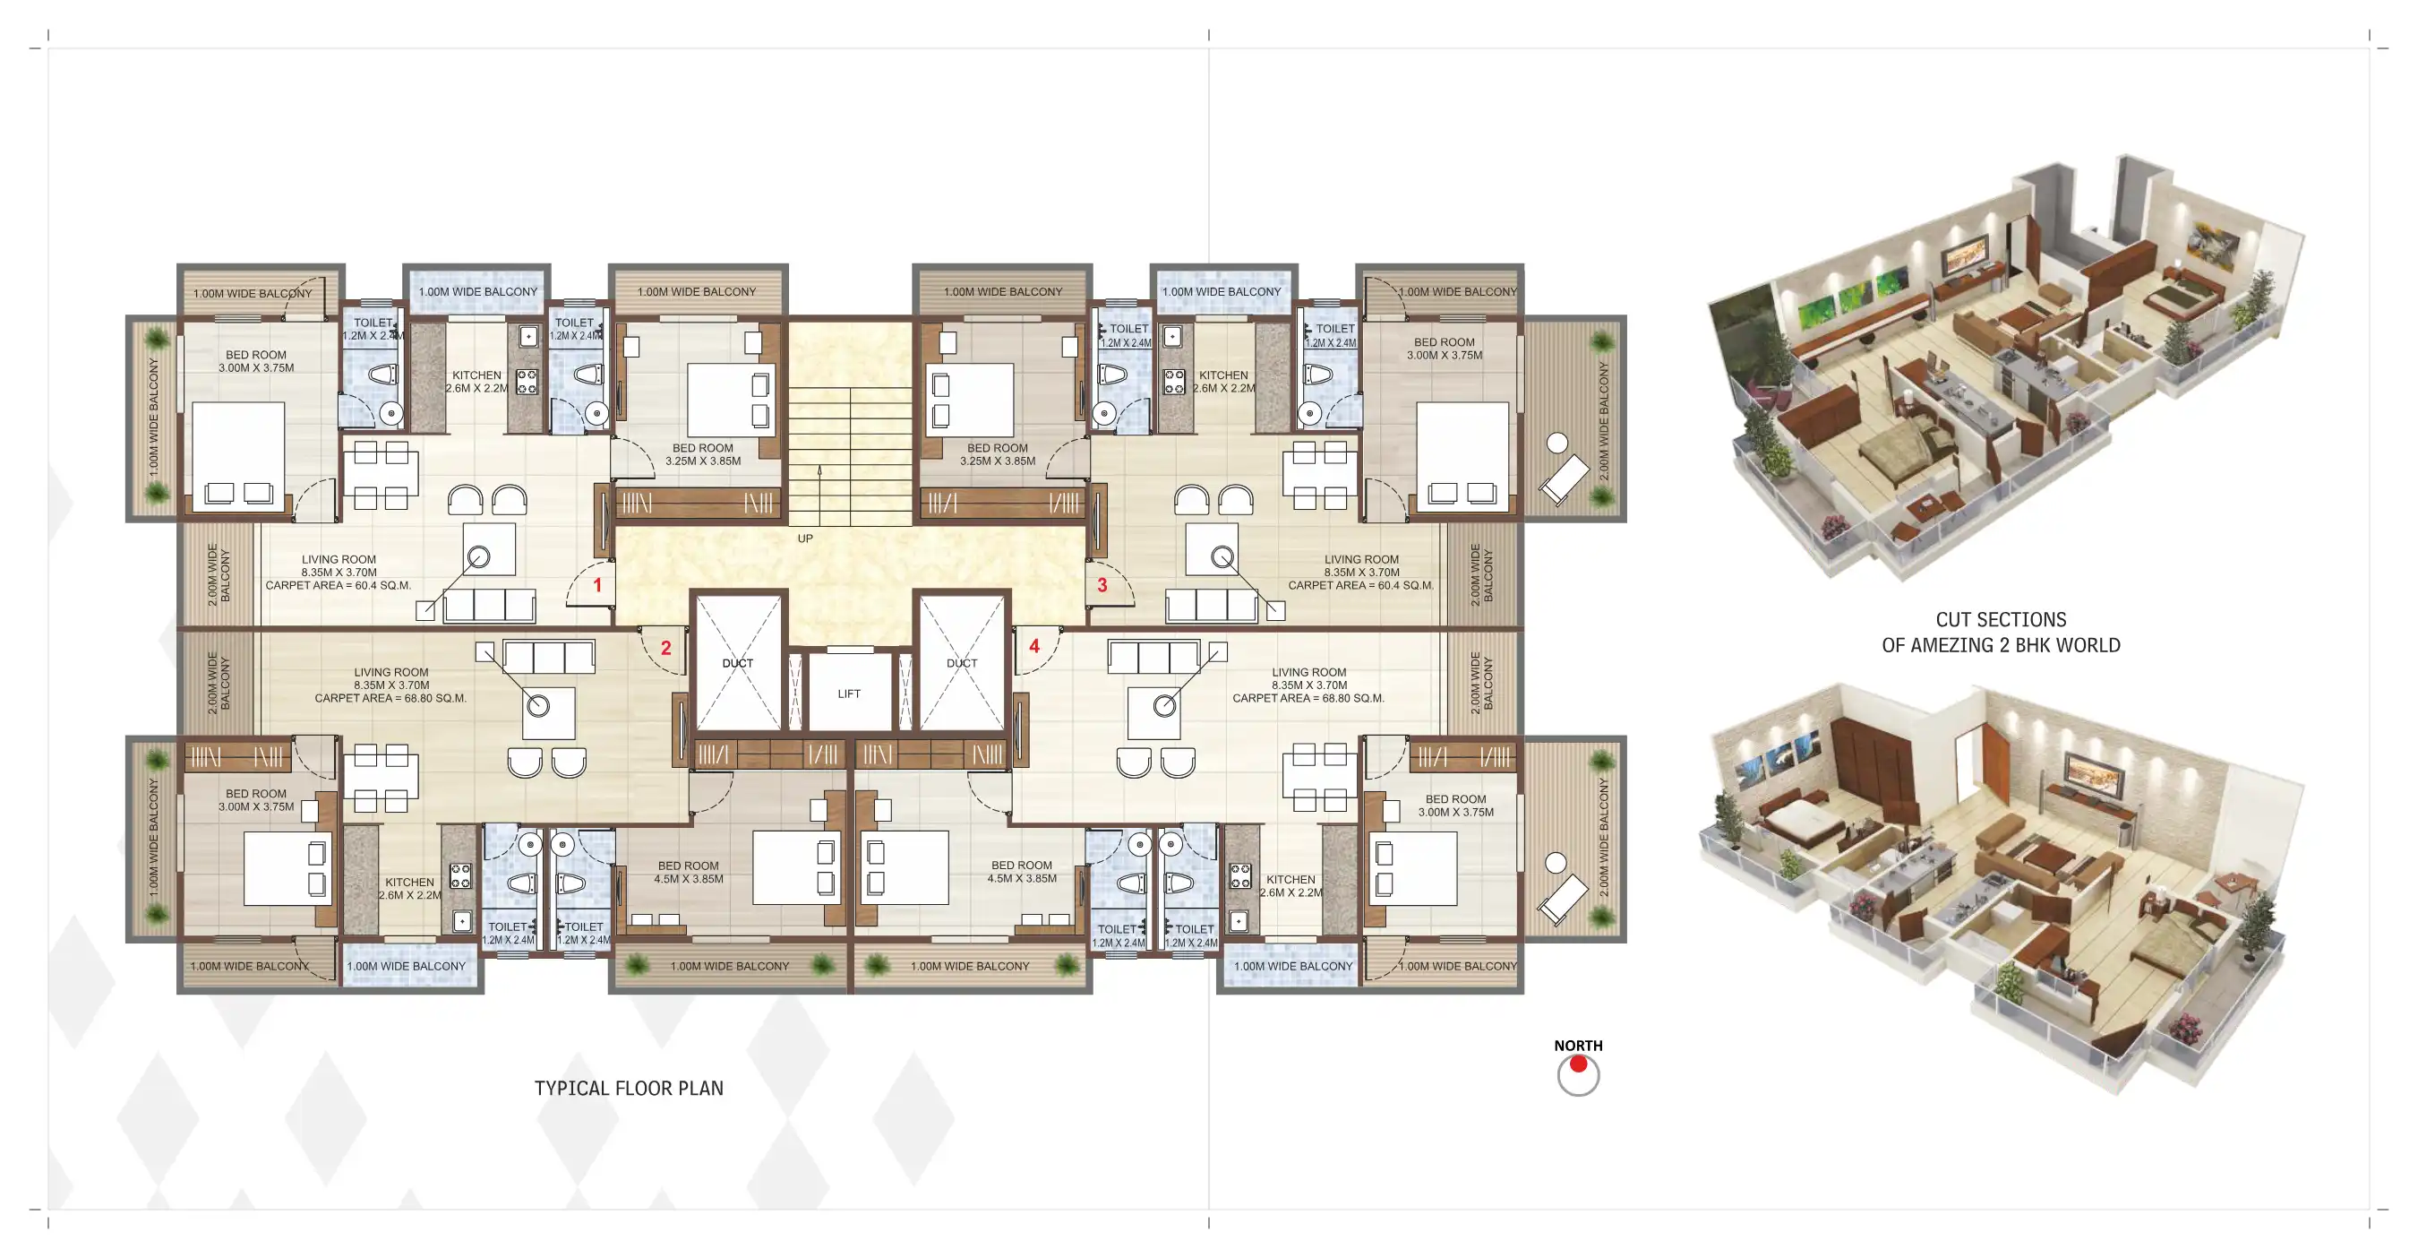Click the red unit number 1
coord(597,585)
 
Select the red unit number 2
coord(665,648)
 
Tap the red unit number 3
coord(1102,585)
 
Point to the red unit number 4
coord(1034,646)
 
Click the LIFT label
coord(849,694)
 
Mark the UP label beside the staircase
coord(805,539)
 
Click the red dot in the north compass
coord(1578,1064)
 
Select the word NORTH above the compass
coord(1578,1045)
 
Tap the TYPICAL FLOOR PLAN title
coord(629,1088)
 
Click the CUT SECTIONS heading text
coord(2001,620)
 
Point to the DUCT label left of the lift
coord(738,663)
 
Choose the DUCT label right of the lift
coord(962,663)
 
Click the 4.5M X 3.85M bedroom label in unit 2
coord(688,880)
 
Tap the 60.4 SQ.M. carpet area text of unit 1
coord(373,586)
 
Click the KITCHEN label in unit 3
coord(1223,375)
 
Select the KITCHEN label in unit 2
coord(409,883)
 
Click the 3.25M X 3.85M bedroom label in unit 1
coord(703,461)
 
